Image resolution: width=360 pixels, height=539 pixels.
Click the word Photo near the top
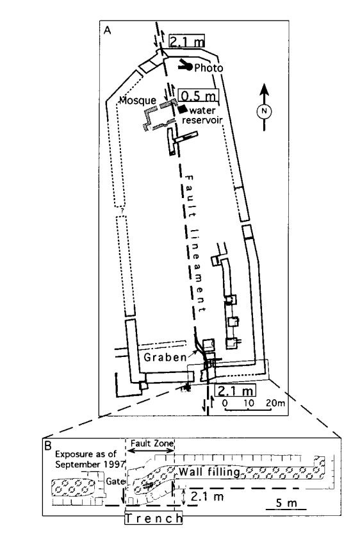[209, 68]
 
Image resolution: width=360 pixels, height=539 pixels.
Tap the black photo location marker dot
[188, 67]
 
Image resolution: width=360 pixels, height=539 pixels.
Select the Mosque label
[138, 101]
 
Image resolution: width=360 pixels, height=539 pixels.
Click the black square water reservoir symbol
[182, 109]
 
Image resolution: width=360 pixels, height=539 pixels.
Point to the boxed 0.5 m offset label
[198, 95]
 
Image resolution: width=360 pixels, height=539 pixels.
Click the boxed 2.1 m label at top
[186, 41]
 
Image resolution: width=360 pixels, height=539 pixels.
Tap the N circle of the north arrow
[264, 111]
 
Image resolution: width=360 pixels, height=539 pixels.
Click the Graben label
[165, 358]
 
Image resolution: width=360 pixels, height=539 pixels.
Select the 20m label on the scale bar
[275, 402]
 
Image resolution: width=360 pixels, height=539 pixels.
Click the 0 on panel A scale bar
[225, 402]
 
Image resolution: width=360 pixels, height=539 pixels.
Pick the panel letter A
[108, 30]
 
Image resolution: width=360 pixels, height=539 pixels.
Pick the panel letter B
[49, 445]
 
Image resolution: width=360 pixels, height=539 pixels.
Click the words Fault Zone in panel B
[152, 443]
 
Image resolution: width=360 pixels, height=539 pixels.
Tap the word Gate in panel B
[115, 481]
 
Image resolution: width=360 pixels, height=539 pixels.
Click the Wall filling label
[209, 472]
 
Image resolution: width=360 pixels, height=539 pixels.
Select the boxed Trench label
[153, 518]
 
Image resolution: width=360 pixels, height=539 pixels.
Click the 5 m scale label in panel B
[286, 503]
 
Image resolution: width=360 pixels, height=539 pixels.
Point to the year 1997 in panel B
[115, 464]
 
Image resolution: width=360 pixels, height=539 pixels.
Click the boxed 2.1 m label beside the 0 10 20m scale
[236, 390]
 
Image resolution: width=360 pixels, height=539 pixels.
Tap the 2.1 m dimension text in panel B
[207, 496]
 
